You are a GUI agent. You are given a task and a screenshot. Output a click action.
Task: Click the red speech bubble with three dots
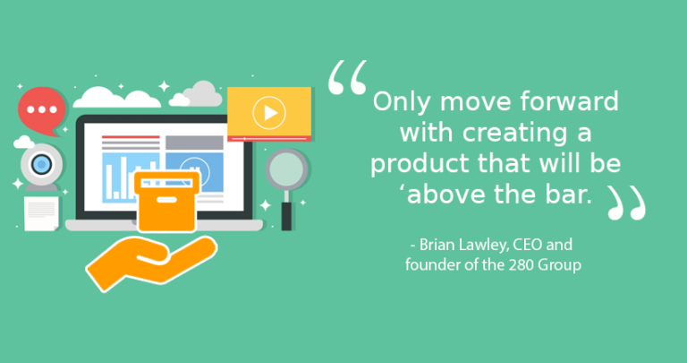pos(41,108)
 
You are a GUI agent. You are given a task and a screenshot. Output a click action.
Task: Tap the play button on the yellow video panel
pos(267,112)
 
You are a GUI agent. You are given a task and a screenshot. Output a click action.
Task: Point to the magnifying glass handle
pos(287,213)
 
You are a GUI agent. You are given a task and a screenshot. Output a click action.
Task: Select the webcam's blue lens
pos(40,165)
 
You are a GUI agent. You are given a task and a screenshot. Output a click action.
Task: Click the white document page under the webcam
pos(40,213)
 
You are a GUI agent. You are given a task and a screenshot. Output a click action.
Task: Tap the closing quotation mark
pos(626,203)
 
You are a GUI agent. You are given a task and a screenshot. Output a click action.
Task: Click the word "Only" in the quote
pos(399,101)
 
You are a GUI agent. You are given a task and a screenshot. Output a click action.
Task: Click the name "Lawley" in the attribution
pos(484,245)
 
